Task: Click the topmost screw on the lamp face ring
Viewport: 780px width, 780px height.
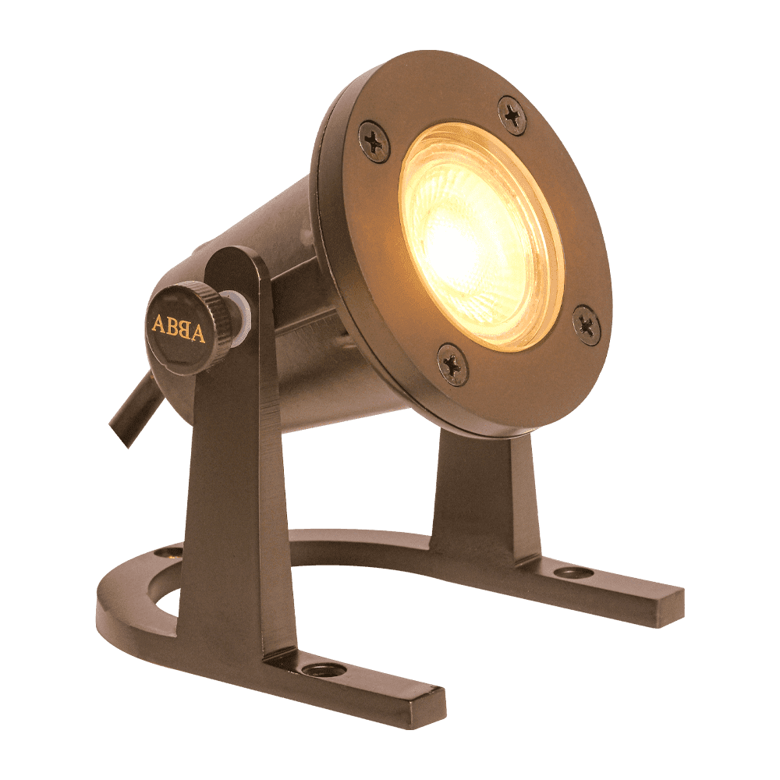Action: click(512, 115)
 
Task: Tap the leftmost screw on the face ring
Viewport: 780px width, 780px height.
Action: click(374, 143)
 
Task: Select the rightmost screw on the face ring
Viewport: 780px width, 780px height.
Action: click(587, 325)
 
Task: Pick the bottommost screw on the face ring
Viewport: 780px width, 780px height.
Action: click(452, 365)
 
